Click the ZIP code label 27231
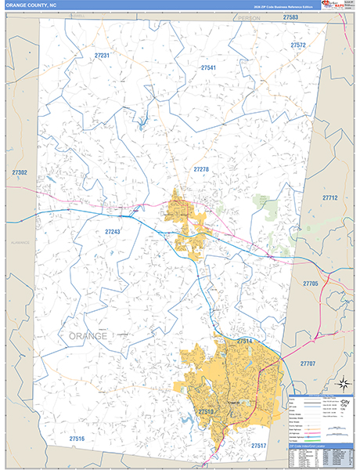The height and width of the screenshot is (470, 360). [102, 56]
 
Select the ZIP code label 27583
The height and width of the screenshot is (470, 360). [290, 17]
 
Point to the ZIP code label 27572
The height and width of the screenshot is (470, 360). [298, 45]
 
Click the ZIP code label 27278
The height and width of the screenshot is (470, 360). [201, 169]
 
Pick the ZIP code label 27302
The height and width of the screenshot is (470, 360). [20, 172]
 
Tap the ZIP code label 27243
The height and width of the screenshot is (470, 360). [113, 232]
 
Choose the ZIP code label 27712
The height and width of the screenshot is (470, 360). [329, 198]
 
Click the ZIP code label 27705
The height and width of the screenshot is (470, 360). [311, 283]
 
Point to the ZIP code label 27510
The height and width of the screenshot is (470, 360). [206, 411]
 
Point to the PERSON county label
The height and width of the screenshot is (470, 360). [249, 17]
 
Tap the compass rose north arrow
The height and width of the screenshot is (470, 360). [342, 383]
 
